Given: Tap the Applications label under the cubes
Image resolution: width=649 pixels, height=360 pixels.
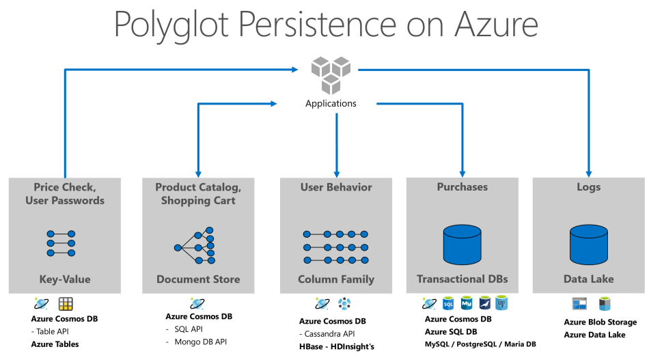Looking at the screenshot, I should coord(331,104).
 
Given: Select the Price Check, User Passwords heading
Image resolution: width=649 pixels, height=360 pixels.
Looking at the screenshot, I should coord(65,194).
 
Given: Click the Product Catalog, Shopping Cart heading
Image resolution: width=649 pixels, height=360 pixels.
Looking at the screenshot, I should coord(198,194).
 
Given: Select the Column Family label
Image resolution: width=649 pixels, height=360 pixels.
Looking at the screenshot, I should coord(336,279).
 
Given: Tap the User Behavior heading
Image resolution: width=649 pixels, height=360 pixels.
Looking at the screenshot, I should coord(336,187).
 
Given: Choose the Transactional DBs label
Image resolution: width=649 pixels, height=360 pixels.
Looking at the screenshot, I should coord(462,279).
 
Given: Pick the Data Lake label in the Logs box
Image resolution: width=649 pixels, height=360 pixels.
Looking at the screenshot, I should coord(588,279).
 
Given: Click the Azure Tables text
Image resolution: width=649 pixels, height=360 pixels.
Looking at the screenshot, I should coord(55,344).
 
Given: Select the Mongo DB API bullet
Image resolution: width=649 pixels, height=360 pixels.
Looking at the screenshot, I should coord(199,340).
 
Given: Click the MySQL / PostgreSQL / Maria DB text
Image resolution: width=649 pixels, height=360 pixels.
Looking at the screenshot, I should coord(480,344).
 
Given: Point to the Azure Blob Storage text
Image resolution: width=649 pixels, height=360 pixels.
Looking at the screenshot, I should coord(600,322).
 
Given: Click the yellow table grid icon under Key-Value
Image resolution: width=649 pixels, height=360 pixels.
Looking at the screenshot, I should coord(66,304).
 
